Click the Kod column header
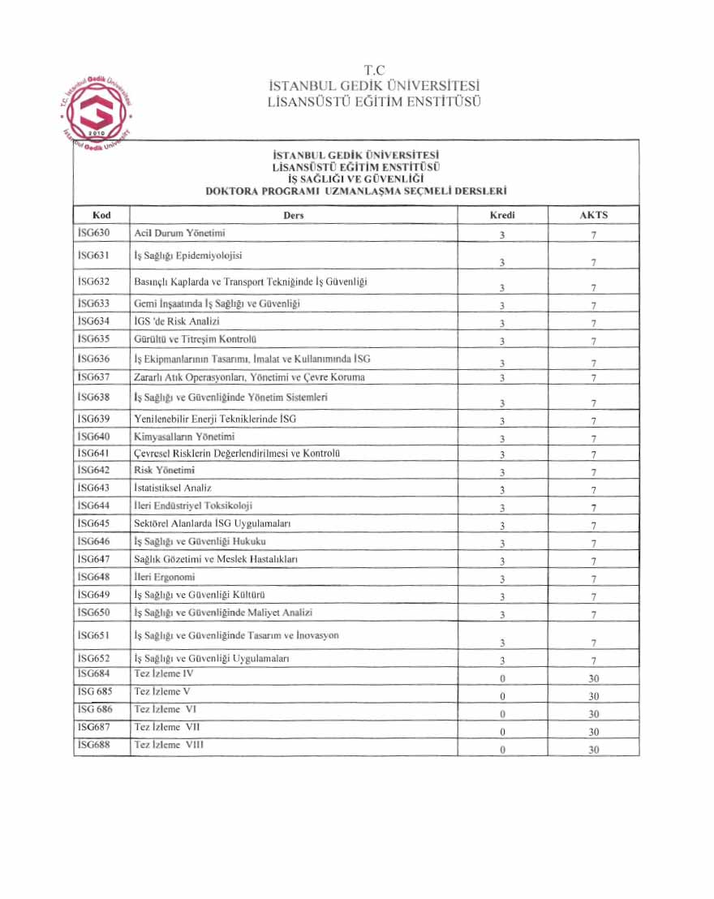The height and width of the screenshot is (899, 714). click(101, 215)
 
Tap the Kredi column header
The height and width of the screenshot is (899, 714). click(502, 215)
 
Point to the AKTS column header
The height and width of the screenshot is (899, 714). click(593, 215)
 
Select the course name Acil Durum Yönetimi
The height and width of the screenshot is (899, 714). click(179, 234)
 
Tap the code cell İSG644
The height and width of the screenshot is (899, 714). click(94, 506)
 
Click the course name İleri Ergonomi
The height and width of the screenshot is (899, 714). click(165, 577)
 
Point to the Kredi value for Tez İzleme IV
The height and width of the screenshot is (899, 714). click(503, 678)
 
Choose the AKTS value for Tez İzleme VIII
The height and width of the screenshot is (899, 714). click(594, 750)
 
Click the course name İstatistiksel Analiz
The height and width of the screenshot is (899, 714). click(173, 488)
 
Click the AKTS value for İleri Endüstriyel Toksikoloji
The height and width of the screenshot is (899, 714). click(594, 508)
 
